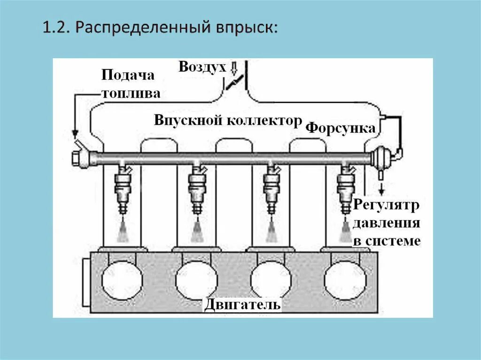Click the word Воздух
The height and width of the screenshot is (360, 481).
tap(202, 67)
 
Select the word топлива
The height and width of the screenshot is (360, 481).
tap(131, 93)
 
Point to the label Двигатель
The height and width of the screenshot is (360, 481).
tap(242, 305)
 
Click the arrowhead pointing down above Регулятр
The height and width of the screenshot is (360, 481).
tap(380, 191)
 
